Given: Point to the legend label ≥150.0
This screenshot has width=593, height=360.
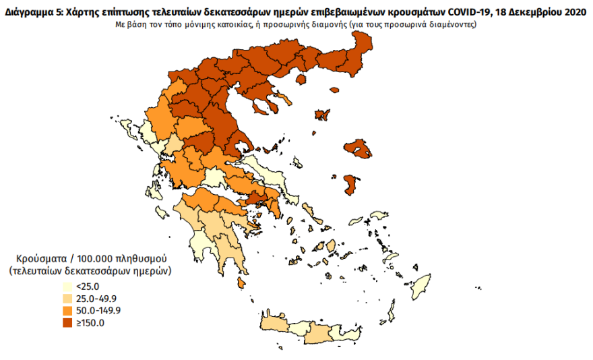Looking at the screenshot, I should point(90,323).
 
